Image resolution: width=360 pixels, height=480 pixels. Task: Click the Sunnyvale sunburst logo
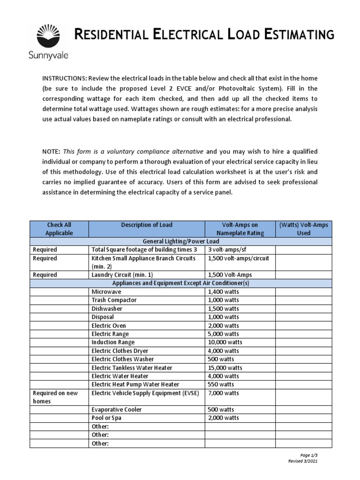49,36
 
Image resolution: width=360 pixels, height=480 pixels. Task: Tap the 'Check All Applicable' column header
59,229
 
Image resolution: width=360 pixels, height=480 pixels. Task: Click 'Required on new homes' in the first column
55,397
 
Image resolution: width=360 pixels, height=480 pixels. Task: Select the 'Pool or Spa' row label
106,418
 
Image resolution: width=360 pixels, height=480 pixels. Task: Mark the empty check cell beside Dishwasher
59,308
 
